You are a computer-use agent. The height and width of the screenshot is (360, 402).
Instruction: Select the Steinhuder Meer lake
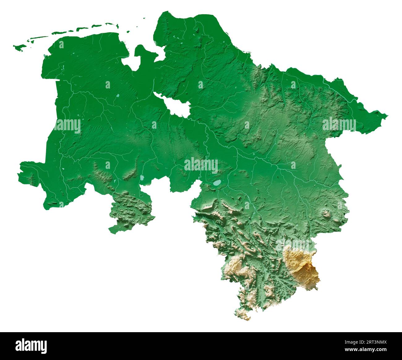[x=216, y=183]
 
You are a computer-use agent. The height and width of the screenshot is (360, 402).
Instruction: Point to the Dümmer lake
[x=142, y=178]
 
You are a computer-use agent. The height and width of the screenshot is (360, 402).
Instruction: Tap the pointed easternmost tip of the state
[x=387, y=116]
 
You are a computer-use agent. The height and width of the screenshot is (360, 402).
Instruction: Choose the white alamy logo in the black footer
[x=31, y=345]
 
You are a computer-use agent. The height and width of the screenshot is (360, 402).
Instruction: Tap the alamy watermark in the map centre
[x=201, y=165]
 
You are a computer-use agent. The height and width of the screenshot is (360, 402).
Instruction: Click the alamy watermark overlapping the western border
[x=67, y=126]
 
